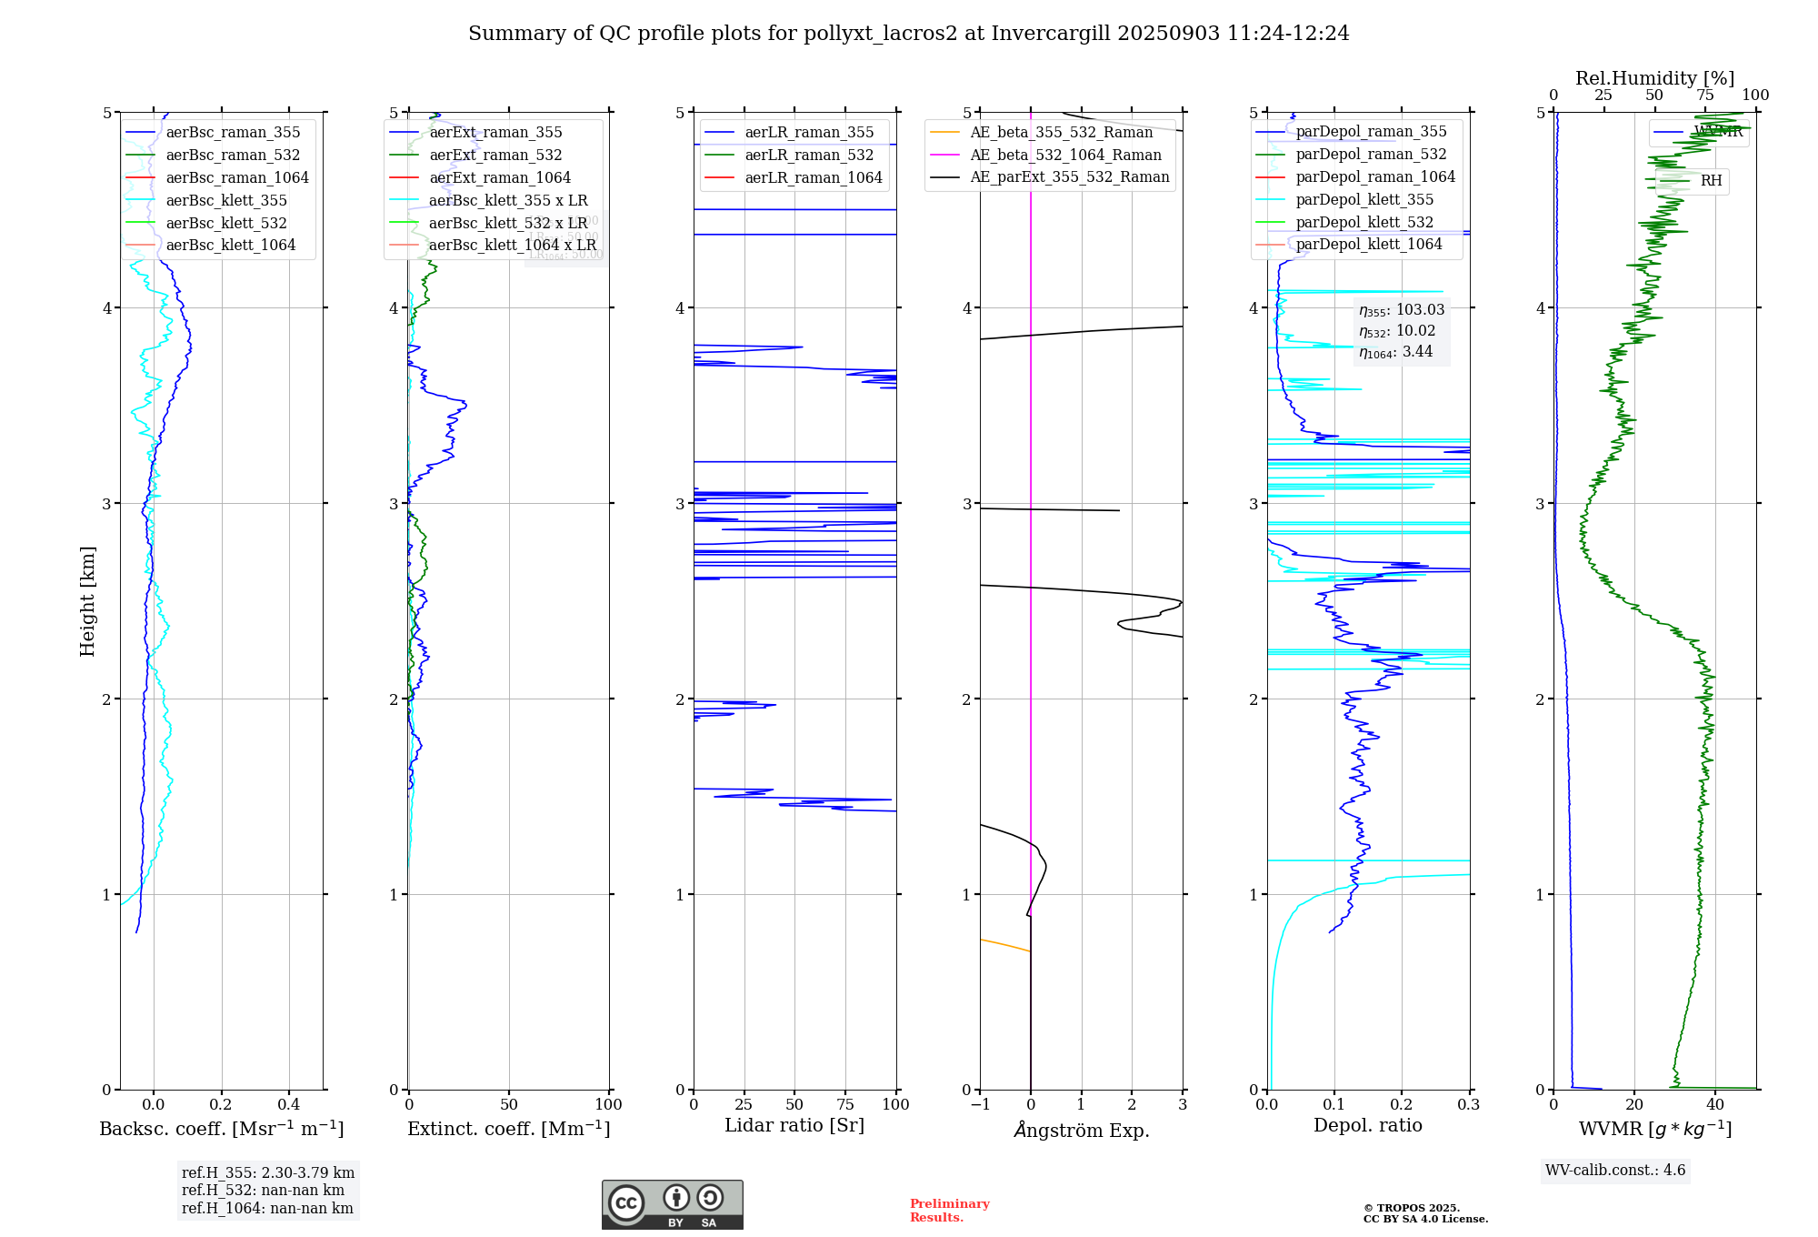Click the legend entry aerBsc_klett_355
pyautogui.click(x=226, y=200)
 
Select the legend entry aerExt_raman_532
pyautogui.click(x=495, y=155)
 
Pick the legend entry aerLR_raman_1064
pyautogui.click(x=814, y=177)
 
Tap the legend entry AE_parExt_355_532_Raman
pyautogui.click(x=1069, y=176)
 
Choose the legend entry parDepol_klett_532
pyautogui.click(x=1364, y=222)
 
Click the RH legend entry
pyautogui.click(x=1711, y=181)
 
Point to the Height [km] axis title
pyautogui.click(x=87, y=600)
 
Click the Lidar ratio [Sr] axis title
pyautogui.click(x=794, y=1125)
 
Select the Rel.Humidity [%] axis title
pyautogui.click(x=1654, y=78)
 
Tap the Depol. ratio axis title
pyautogui.click(x=1367, y=1125)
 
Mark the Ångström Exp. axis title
pyautogui.click(x=1082, y=1130)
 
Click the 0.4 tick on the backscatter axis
pyautogui.click(x=288, y=1104)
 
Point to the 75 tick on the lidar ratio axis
pyautogui.click(x=845, y=1104)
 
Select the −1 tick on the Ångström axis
pyautogui.click(x=980, y=1104)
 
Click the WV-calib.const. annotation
pyautogui.click(x=1615, y=1170)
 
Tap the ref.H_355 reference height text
pyautogui.click(x=268, y=1172)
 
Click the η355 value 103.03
pyautogui.click(x=1420, y=309)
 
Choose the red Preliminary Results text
pyautogui.click(x=949, y=1210)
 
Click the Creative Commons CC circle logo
pyautogui.click(x=626, y=1202)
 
